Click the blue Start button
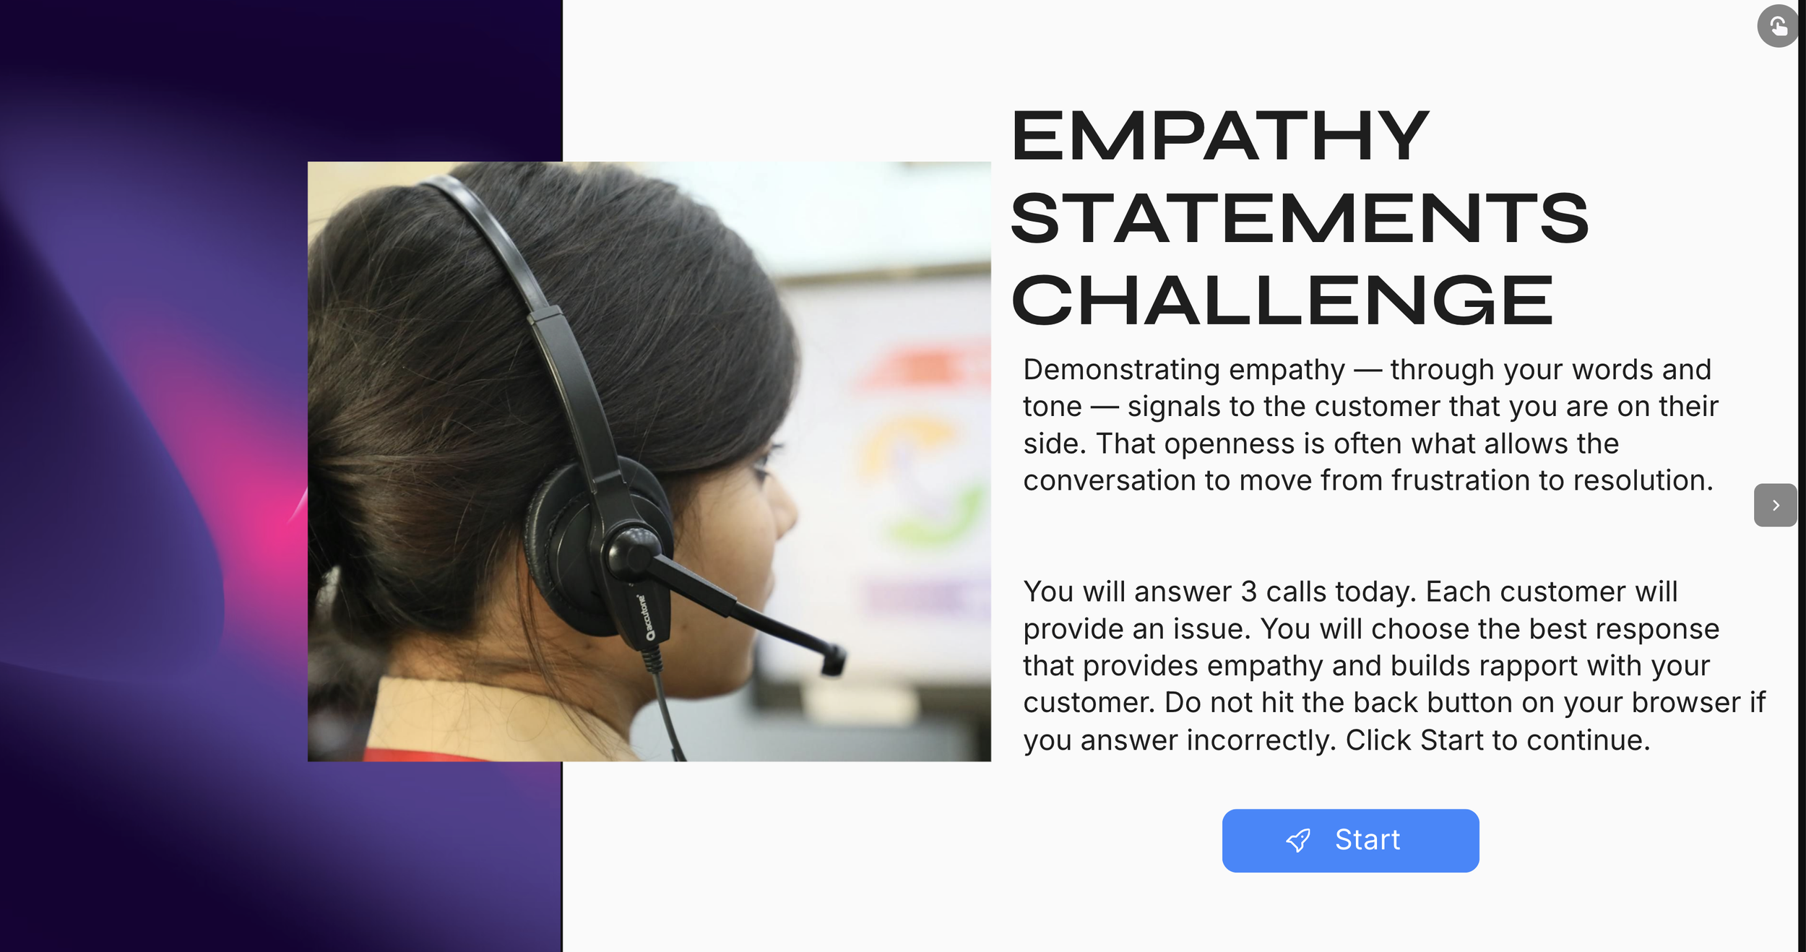coord(1350,840)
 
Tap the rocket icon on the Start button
coord(1298,840)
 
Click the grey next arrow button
coord(1775,505)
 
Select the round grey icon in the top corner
coord(1777,27)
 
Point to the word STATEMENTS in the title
coord(1299,218)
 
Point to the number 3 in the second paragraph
coord(1249,592)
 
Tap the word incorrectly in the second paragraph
coord(1261,740)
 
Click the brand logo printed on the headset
coord(644,618)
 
